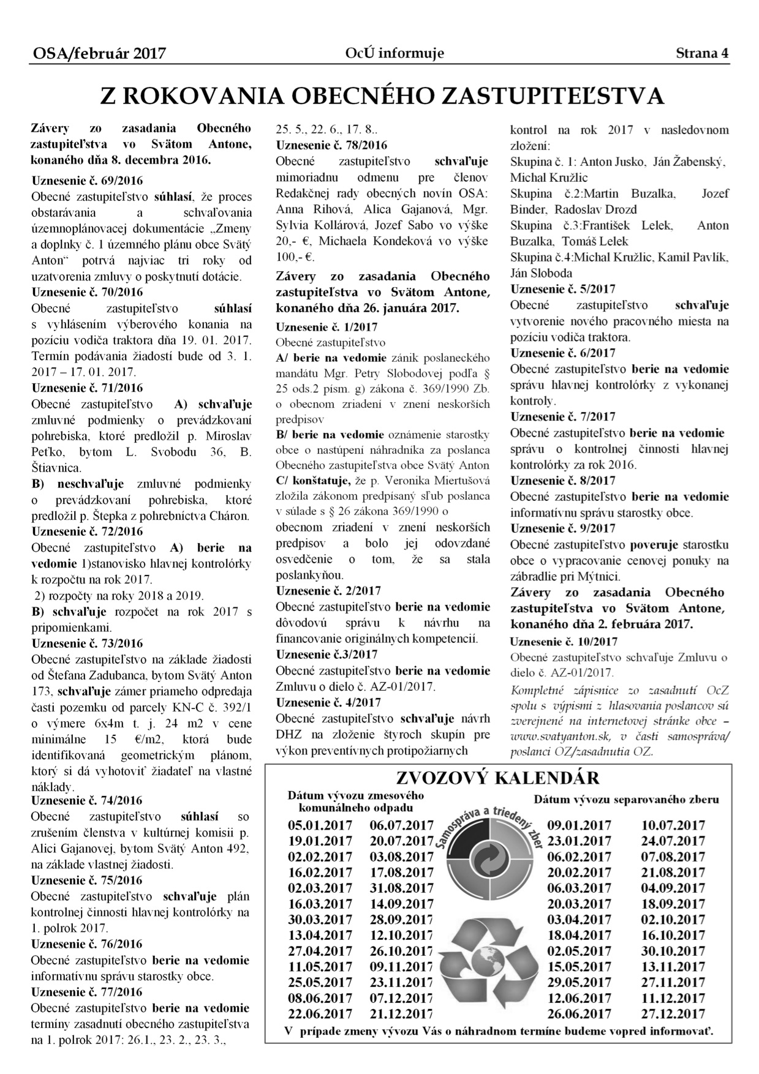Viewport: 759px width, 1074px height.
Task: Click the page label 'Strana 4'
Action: [702, 53]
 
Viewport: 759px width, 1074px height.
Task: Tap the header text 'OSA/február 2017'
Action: [99, 54]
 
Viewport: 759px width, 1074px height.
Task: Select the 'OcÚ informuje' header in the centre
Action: [395, 53]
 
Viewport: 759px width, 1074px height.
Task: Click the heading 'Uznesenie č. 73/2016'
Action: [87, 643]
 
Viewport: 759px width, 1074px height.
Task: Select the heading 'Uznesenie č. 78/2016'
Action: [331, 145]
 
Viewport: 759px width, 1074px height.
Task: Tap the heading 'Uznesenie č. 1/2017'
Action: [327, 326]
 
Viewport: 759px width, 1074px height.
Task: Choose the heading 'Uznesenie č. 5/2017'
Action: [563, 288]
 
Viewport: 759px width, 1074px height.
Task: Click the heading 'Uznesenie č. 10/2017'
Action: [564, 641]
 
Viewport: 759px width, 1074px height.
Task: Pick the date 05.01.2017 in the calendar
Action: [320, 825]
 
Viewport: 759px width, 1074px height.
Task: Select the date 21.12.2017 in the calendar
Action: [401, 1014]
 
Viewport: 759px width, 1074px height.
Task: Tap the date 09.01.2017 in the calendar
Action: [579, 825]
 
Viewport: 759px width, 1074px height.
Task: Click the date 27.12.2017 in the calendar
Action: [673, 1014]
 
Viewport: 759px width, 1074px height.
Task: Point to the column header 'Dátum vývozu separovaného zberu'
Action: [626, 799]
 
